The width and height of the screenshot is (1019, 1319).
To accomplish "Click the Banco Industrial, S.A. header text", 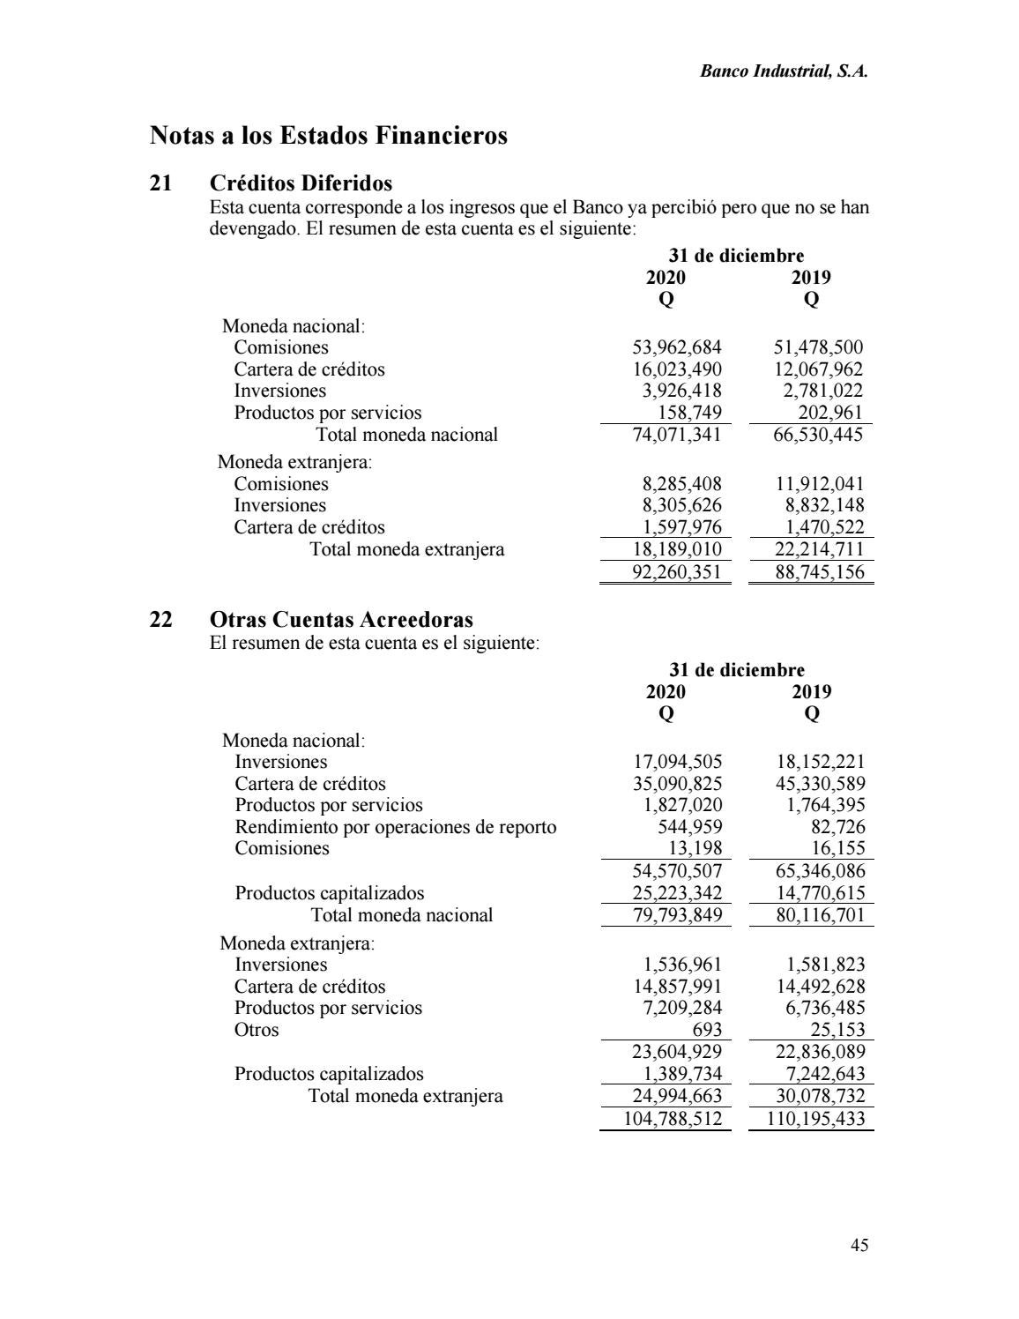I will pyautogui.click(x=784, y=72).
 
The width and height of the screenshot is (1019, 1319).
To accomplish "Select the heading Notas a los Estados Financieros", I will pyautogui.click(x=329, y=136).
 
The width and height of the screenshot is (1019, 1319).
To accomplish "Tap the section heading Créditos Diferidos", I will pyautogui.click(x=301, y=183).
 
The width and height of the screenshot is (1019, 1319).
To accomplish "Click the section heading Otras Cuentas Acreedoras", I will pyautogui.click(x=341, y=620).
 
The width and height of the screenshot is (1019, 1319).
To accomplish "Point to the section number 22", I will pyautogui.click(x=161, y=620).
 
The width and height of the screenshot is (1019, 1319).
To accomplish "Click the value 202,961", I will pyautogui.click(x=825, y=413).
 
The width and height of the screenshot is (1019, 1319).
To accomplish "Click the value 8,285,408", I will pyautogui.click(x=681, y=484).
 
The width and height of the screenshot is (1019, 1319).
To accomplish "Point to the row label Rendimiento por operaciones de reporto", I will pyautogui.click(x=395, y=827).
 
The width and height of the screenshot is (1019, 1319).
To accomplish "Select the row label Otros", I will pyautogui.click(x=256, y=1030).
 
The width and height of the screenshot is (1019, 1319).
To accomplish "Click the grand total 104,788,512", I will pyautogui.click(x=673, y=1119).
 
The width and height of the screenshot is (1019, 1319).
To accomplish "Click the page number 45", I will pyautogui.click(x=859, y=1245).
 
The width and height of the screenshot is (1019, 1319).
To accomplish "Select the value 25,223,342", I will pyautogui.click(x=677, y=893).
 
